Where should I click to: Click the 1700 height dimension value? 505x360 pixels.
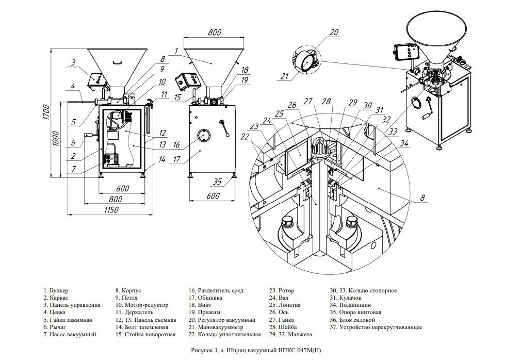(46, 112)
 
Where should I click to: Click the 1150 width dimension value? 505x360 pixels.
(111, 209)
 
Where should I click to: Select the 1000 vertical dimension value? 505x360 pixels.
(56, 138)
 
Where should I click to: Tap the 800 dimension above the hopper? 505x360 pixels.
(215, 32)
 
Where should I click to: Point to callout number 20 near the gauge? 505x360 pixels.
(334, 32)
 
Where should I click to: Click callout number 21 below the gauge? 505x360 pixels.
(284, 76)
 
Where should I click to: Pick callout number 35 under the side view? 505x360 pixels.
(218, 182)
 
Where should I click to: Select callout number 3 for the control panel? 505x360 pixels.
(73, 62)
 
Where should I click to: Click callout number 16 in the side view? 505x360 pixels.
(176, 144)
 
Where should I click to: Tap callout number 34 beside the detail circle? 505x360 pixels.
(404, 143)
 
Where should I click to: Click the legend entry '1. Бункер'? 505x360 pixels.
(56, 291)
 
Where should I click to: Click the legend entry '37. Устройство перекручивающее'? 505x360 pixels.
(376, 327)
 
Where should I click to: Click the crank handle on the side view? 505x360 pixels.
(224, 128)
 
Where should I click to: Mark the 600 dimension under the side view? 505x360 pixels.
(213, 195)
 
